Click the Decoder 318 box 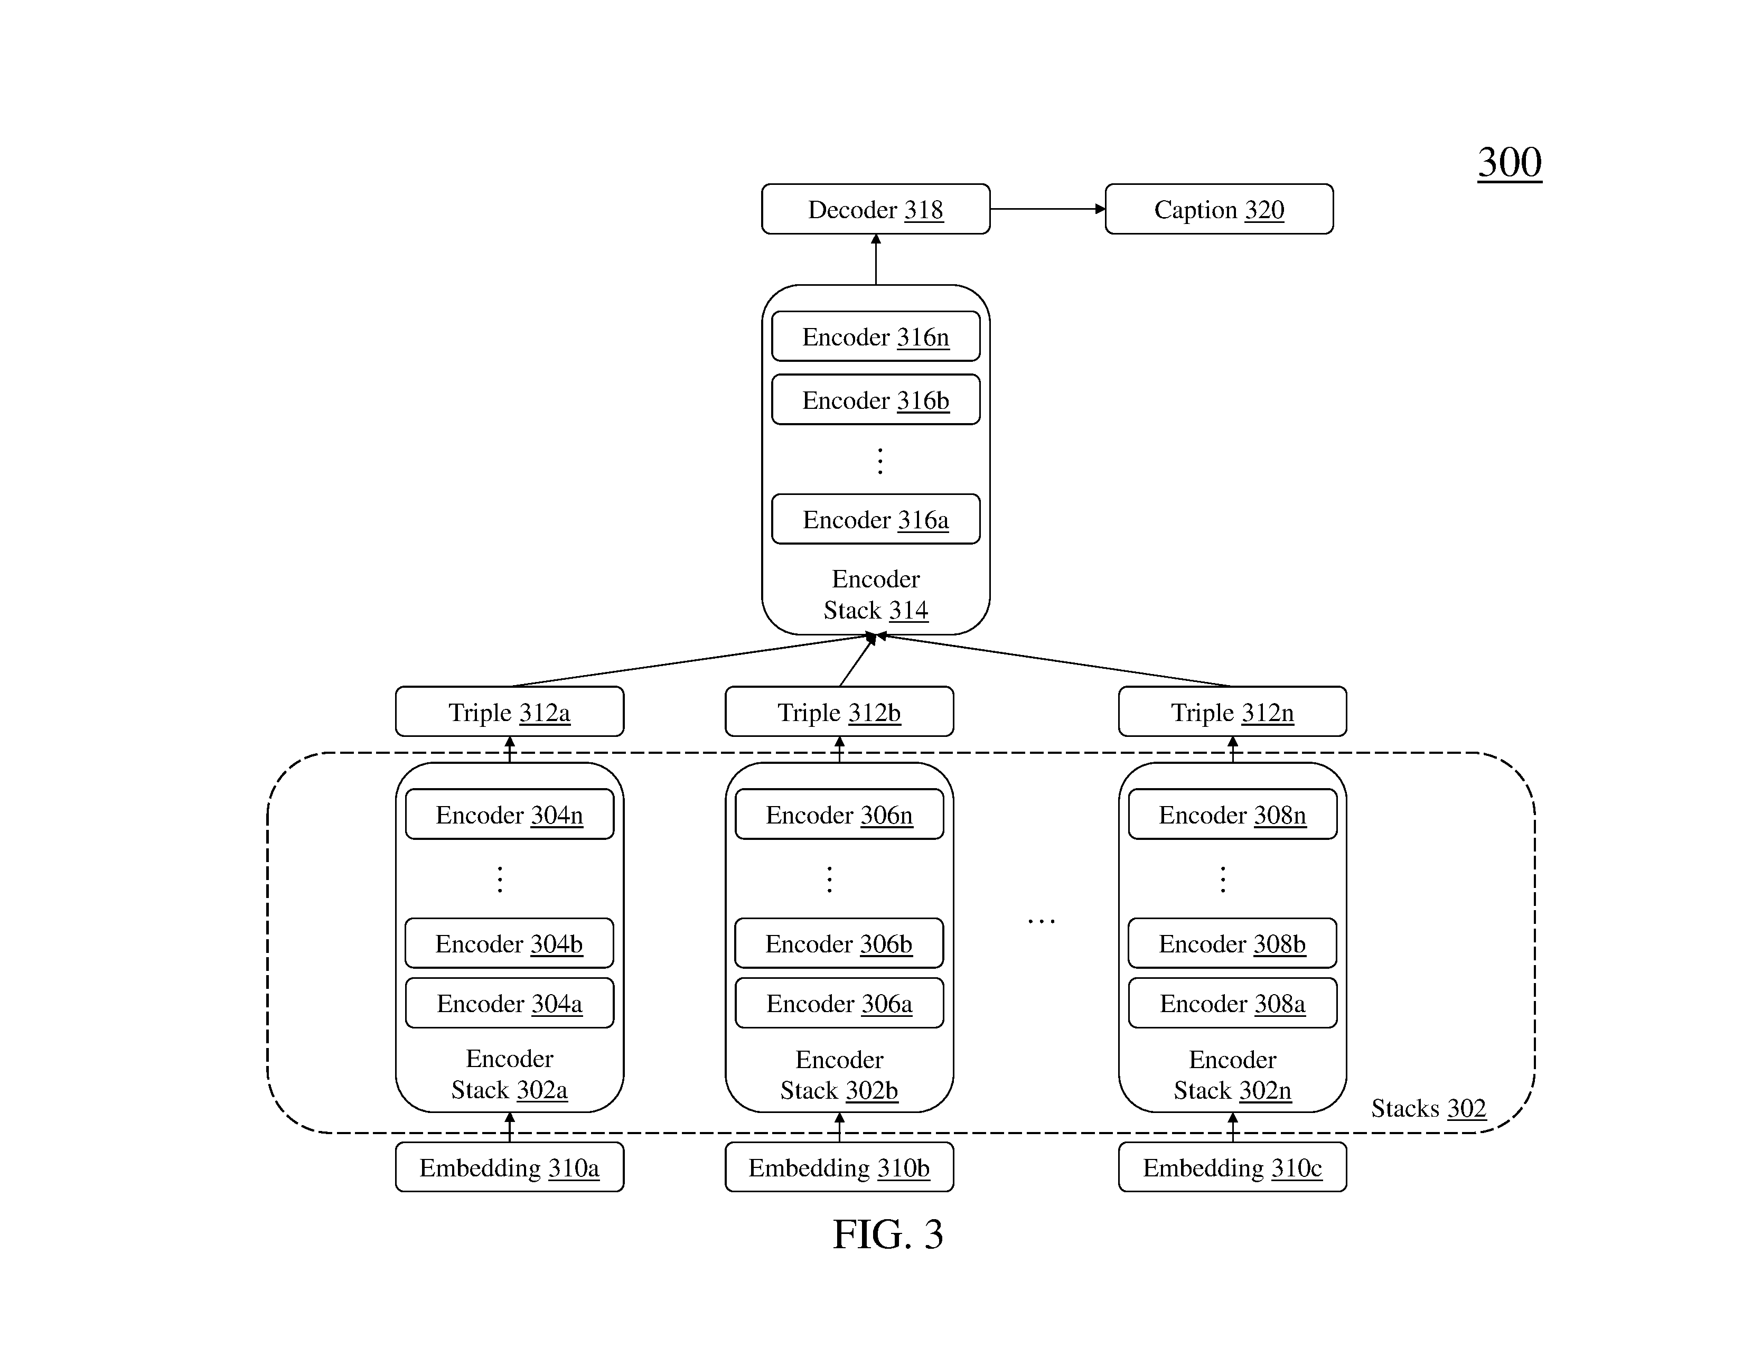876,209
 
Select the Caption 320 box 1219,209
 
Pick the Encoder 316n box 876,336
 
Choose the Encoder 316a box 876,519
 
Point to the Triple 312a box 509,711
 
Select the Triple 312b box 839,711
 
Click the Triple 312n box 1232,711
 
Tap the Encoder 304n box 509,814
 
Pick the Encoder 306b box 839,943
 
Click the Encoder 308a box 1232,1003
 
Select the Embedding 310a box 509,1167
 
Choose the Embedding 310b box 839,1167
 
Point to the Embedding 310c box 1232,1167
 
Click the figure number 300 1509,163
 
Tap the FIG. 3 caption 887,1234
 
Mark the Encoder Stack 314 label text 876,594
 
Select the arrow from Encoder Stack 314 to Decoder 876,259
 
